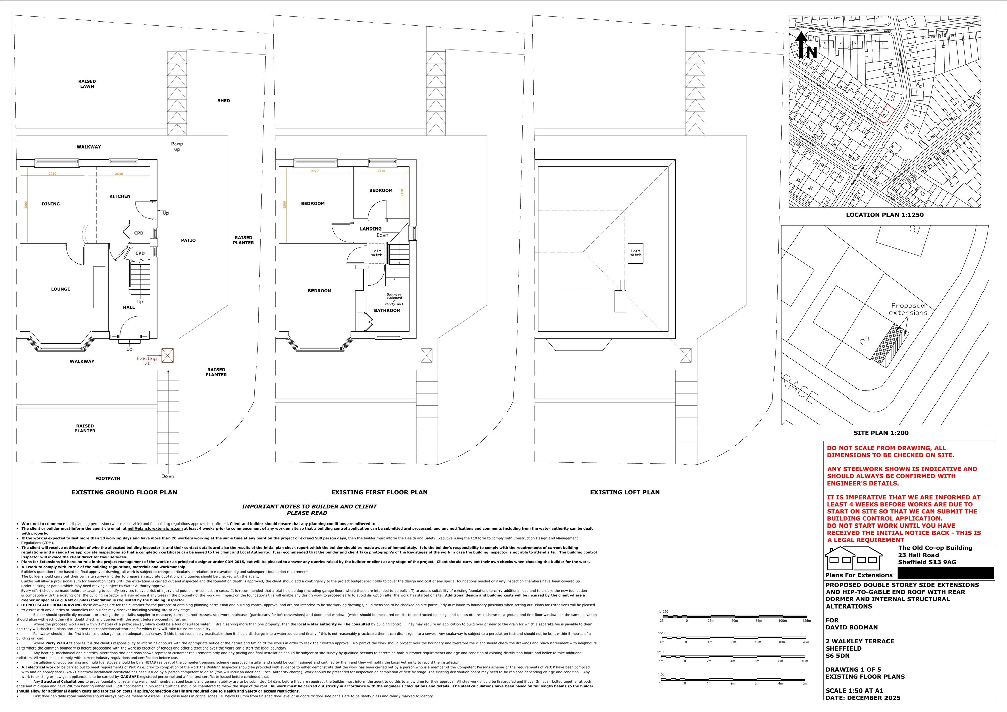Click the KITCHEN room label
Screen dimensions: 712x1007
point(120,196)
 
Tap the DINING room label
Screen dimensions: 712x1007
point(51,204)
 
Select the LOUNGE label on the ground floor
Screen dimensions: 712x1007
point(60,289)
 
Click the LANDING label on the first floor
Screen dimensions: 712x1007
point(371,229)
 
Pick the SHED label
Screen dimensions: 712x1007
point(223,101)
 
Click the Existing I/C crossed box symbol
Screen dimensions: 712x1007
point(167,355)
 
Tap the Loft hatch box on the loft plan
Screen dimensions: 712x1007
point(635,253)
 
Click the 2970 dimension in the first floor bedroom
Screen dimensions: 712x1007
point(314,171)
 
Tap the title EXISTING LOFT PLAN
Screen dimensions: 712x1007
point(625,492)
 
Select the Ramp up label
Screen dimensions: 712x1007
point(177,146)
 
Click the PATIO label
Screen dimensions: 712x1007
point(188,240)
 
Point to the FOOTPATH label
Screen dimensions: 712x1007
point(107,478)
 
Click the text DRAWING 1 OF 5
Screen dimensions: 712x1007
point(853,669)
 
